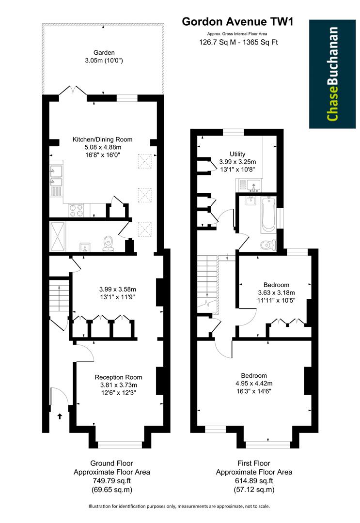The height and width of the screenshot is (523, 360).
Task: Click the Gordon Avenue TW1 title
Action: pos(237,21)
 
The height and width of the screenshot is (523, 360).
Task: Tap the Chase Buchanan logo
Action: pos(332,74)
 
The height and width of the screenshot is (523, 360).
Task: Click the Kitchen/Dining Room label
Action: pos(102,139)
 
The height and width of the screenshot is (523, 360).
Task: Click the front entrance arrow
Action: pos(60,416)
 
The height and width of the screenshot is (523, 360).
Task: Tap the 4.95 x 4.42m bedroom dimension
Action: pos(254,384)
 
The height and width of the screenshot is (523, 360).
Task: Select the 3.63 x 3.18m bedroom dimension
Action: pos(276,292)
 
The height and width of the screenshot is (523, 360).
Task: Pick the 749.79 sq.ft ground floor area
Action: pos(111,481)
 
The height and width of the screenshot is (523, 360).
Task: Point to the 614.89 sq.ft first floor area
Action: pos(254,481)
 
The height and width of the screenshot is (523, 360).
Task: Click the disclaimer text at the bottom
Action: pos(179,507)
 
